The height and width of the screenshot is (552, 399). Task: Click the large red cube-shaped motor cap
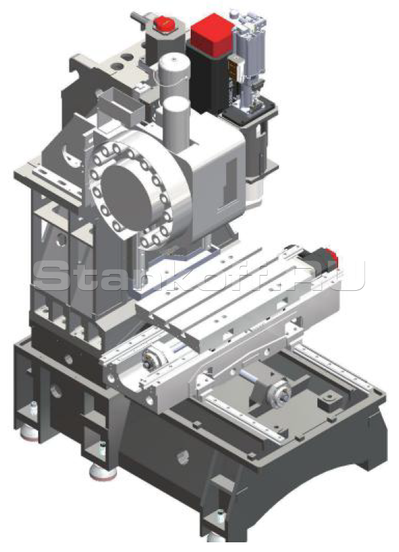pos(212,35)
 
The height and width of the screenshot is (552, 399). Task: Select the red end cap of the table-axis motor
pos(332,256)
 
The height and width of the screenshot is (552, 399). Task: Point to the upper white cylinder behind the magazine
pos(174,76)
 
